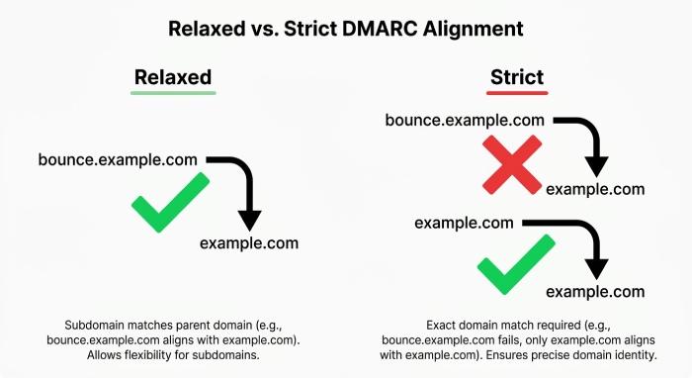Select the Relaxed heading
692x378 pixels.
point(173,77)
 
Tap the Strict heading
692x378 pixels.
point(517,77)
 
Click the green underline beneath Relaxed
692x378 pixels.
point(173,93)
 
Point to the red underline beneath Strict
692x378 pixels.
point(517,93)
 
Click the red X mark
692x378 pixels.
point(512,164)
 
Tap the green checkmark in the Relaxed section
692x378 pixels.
point(170,202)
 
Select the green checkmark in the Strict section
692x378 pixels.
point(516,264)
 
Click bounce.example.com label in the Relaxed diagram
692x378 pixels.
point(118,159)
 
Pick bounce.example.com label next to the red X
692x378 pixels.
point(465,120)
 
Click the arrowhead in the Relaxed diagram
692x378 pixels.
point(250,221)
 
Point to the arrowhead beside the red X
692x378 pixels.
point(597,167)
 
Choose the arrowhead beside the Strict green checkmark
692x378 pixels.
point(597,269)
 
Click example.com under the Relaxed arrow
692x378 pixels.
point(249,243)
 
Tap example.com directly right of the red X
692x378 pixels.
point(595,189)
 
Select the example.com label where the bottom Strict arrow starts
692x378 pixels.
point(464,223)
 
